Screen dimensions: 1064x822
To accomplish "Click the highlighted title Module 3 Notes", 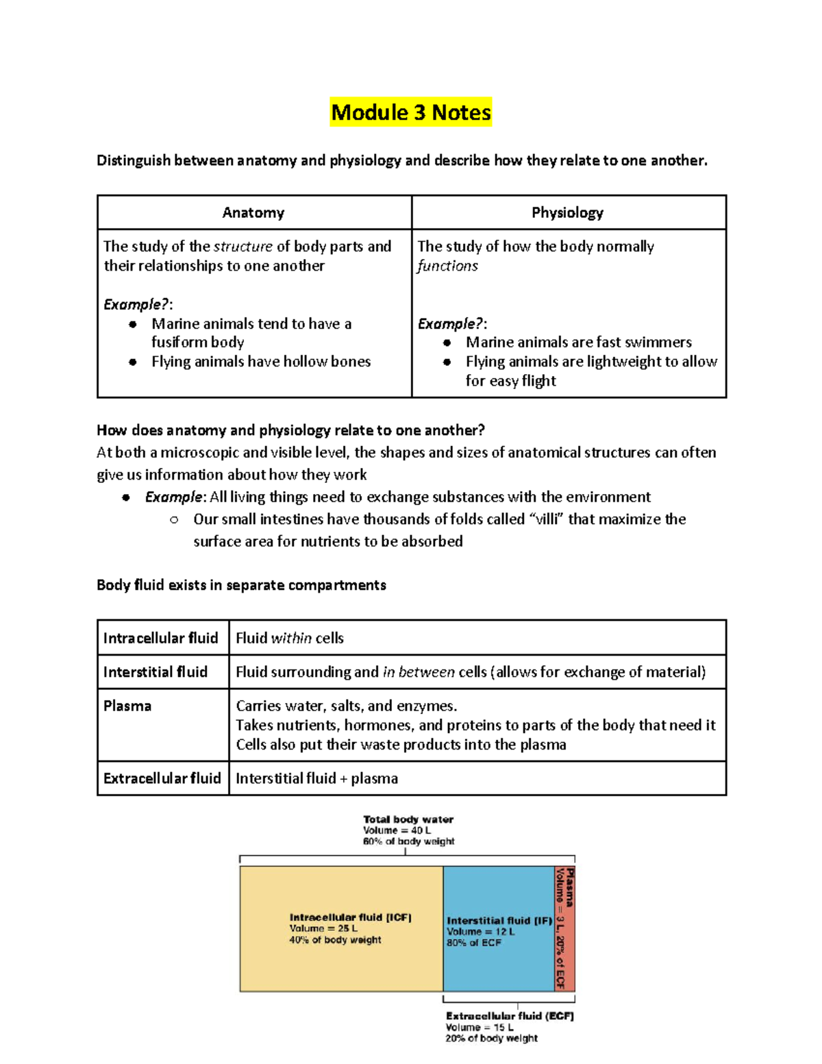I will (x=411, y=112).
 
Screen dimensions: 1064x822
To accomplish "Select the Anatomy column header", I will (x=253, y=213).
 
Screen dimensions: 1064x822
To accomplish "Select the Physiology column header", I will (x=567, y=213).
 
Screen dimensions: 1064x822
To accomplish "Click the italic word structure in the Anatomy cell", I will (x=242, y=247).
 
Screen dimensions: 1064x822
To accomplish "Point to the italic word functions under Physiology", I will (x=448, y=266).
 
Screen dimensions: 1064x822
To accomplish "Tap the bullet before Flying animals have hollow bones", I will (x=133, y=362).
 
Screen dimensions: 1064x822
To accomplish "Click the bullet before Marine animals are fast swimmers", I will (x=447, y=343).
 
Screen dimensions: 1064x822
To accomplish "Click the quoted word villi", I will (x=547, y=519).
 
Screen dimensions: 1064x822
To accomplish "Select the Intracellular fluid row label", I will (x=161, y=638).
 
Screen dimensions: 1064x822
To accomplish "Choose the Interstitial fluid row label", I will (x=155, y=672).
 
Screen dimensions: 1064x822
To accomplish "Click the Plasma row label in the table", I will (x=127, y=706).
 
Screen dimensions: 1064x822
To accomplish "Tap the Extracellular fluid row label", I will (x=162, y=778).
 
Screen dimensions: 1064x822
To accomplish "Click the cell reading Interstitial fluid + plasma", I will (x=316, y=778).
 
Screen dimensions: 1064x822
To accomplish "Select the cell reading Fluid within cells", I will (x=290, y=638).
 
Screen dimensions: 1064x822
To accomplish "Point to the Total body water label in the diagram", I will (x=408, y=819).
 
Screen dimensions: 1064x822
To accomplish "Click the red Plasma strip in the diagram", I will (x=564, y=928).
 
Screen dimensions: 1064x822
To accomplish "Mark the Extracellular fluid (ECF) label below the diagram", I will (x=510, y=1016).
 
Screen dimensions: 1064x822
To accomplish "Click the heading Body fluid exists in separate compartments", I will (x=241, y=585).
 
